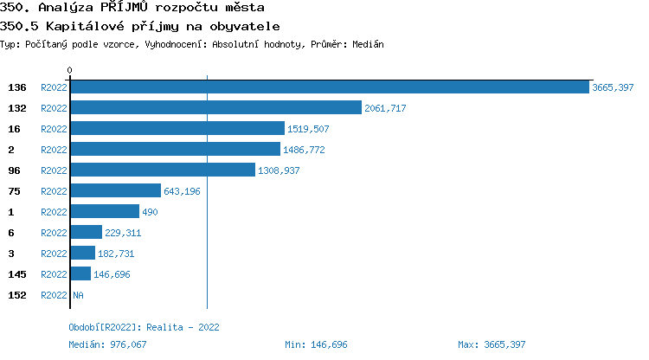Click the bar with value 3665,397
pyautogui.click(x=329, y=87)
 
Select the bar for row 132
pyautogui.click(x=215, y=108)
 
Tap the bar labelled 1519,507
pyautogui.click(x=177, y=129)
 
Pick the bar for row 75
pyautogui.click(x=115, y=191)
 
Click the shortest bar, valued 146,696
pyautogui.click(x=80, y=274)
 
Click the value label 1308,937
pyautogui.click(x=279, y=170)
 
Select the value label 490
pyautogui.click(x=150, y=212)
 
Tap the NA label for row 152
pyautogui.click(x=78, y=295)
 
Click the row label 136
pyautogui.click(x=17, y=87)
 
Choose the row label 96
pyautogui.click(x=14, y=170)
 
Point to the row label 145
pyautogui.click(x=17, y=274)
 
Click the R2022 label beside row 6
pyautogui.click(x=54, y=233)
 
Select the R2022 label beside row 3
pyautogui.click(x=54, y=254)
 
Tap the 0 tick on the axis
pyautogui.click(x=70, y=70)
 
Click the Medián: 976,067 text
pyautogui.click(x=109, y=344)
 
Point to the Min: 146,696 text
pyautogui.click(x=316, y=344)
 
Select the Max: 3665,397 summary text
pyautogui.click(x=492, y=344)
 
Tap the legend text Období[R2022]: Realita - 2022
pyautogui.click(x=144, y=327)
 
